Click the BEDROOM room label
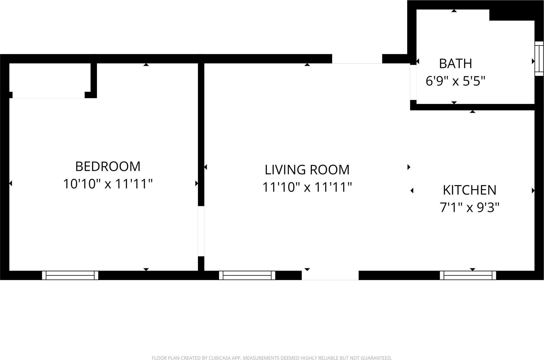pyautogui.click(x=108, y=166)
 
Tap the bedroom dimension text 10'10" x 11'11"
pyautogui.click(x=108, y=184)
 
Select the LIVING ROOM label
pyautogui.click(x=307, y=170)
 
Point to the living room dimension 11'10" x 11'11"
pyautogui.click(x=307, y=187)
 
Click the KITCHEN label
pyautogui.click(x=469, y=190)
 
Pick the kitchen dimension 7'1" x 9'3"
pyautogui.click(x=469, y=208)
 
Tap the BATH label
pyautogui.click(x=455, y=64)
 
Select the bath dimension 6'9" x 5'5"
pyautogui.click(x=455, y=81)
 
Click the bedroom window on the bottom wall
pyautogui.click(x=70, y=275)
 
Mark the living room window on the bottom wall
pyautogui.click(x=247, y=275)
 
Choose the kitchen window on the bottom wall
pyautogui.click(x=468, y=275)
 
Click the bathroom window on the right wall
pyautogui.click(x=539, y=58)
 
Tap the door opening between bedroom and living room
pyautogui.click(x=201, y=231)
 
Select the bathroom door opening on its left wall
pyautogui.click(x=413, y=82)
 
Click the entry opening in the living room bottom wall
pyautogui.click(x=330, y=275)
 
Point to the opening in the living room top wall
pyautogui.click(x=357, y=59)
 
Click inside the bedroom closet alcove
pyautogui.click(x=49, y=80)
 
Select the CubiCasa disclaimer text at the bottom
pyautogui.click(x=272, y=358)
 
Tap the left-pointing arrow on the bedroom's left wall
pyautogui.click(x=11, y=183)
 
